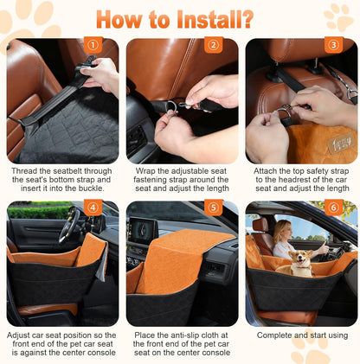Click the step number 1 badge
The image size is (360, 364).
(93, 45)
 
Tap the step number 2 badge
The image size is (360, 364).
(214, 45)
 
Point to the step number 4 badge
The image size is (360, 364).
(93, 208)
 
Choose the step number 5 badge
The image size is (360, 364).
(214, 208)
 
